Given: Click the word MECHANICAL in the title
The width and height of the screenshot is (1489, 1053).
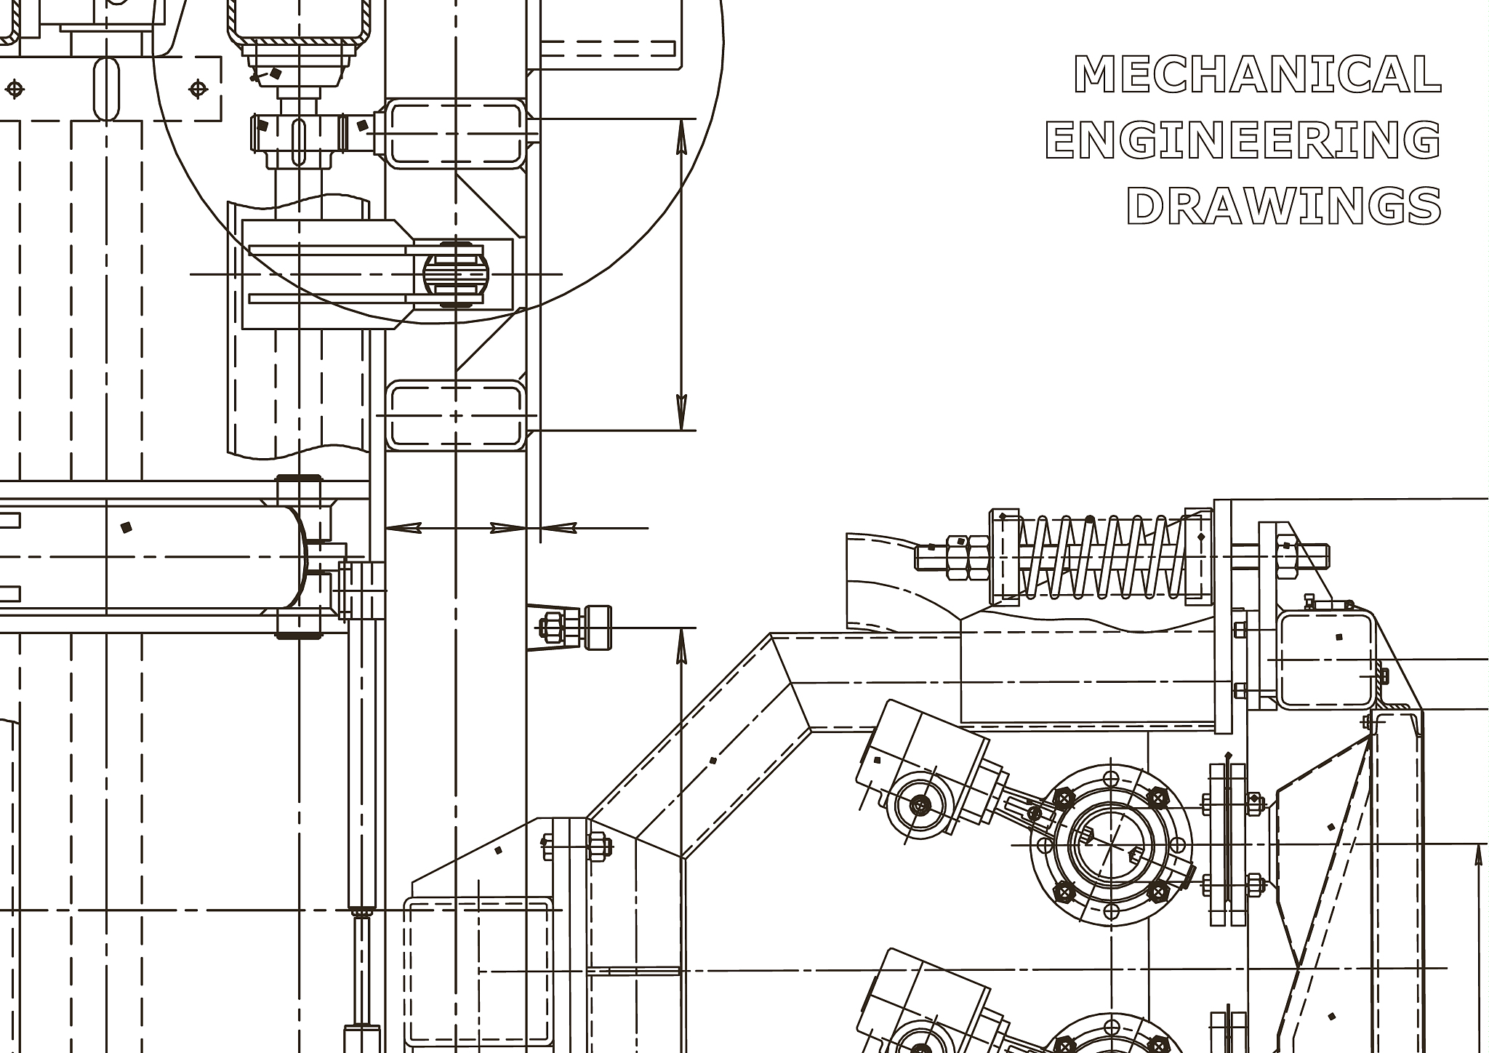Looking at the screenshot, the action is point(1257,74).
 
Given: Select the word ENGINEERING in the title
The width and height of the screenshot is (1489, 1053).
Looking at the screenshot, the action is point(1243,140).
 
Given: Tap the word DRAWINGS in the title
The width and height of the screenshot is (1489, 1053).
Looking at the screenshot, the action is point(1284,205).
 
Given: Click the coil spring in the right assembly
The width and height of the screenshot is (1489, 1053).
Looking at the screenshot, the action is point(1103,558).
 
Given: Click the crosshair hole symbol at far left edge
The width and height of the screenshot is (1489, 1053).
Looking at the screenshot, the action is point(15,89).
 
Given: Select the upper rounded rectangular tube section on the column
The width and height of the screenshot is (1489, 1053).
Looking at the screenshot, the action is point(455,134).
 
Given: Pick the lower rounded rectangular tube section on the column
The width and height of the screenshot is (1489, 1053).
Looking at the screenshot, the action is point(455,415).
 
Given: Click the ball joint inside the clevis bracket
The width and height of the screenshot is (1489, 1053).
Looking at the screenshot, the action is point(456,275).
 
